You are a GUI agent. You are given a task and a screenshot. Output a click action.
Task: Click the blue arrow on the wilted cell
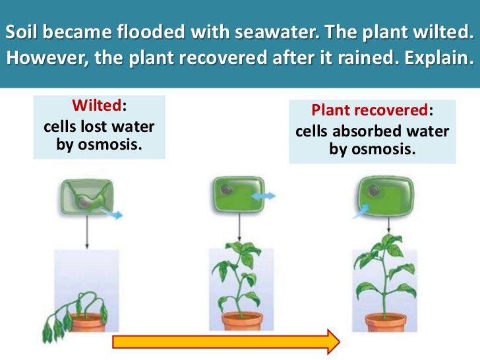pyautogui.click(x=113, y=215)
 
